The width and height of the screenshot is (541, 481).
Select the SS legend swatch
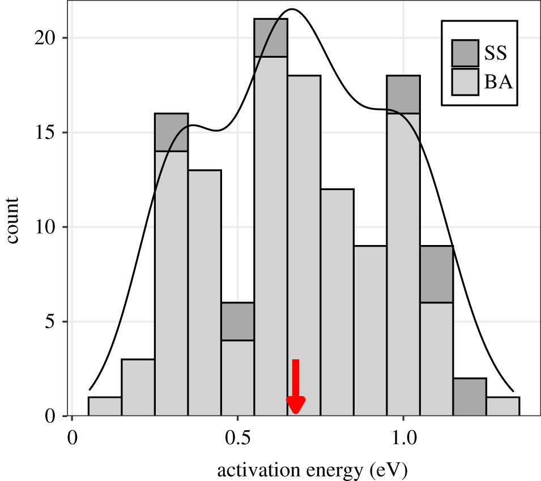(x=465, y=53)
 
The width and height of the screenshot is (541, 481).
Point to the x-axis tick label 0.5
(x=237, y=439)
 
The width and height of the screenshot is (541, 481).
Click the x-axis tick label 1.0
(x=403, y=439)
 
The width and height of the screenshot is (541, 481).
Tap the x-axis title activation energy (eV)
(x=312, y=469)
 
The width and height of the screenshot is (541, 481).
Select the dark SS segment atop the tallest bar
(x=271, y=38)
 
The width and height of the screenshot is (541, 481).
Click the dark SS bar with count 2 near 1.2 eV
(x=470, y=397)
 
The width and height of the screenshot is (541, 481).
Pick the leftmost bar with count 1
(x=105, y=406)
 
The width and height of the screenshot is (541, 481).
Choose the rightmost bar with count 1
(x=503, y=406)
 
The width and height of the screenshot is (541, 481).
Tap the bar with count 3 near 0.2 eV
(x=138, y=388)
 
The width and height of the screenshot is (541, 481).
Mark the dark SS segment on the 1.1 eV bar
(x=436, y=274)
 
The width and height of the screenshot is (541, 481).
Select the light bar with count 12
(x=337, y=303)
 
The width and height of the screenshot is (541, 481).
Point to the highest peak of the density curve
(x=292, y=9)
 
